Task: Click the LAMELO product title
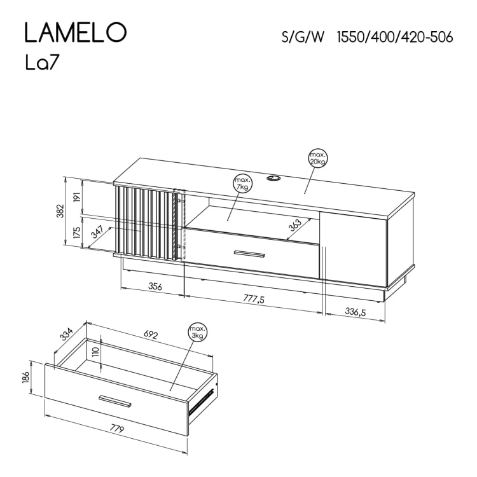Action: (75, 32)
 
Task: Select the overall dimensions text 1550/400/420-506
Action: (395, 38)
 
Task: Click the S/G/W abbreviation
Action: (303, 38)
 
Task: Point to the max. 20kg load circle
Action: (318, 158)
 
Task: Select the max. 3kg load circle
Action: (197, 332)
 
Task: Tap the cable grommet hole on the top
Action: (274, 178)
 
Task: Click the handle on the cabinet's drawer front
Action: (249, 254)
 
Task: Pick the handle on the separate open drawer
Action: (115, 401)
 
